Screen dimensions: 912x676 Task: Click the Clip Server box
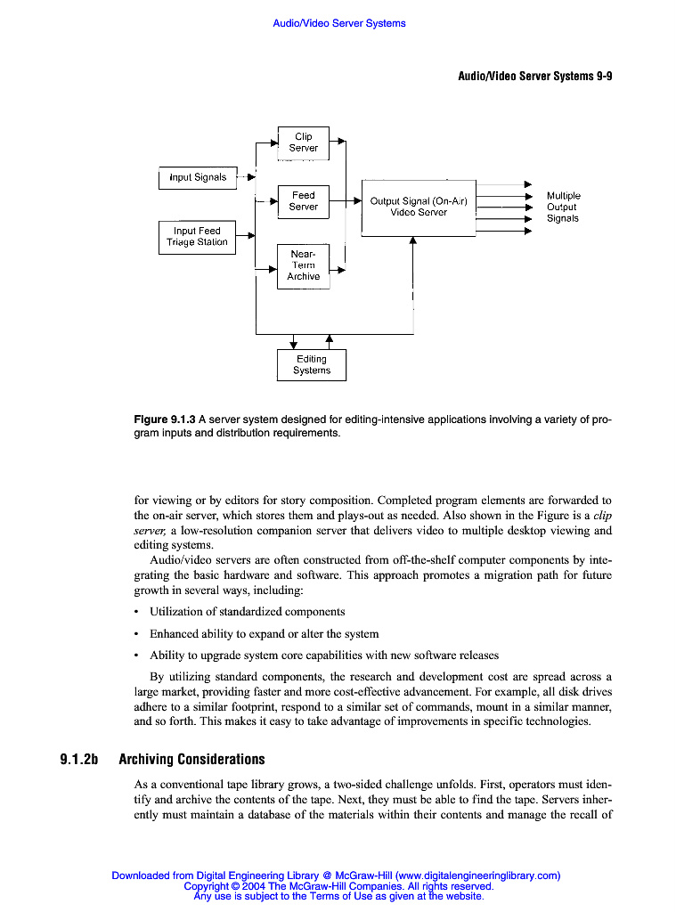click(x=303, y=142)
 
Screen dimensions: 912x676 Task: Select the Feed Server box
click(x=303, y=201)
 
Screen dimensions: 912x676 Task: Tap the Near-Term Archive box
click(x=303, y=265)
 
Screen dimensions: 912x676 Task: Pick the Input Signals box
click(x=198, y=177)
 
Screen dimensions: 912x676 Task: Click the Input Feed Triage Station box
click(x=197, y=237)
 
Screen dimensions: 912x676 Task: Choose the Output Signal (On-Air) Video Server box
click(x=419, y=208)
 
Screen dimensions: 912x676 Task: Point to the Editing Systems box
click(x=311, y=365)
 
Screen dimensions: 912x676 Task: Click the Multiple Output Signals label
click(x=563, y=207)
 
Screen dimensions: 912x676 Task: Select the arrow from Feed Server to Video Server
click(x=346, y=201)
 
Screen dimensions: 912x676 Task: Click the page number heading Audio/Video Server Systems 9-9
click(x=534, y=77)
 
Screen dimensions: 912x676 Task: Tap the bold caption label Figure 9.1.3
click(x=164, y=419)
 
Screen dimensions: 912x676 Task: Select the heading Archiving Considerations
click(x=191, y=760)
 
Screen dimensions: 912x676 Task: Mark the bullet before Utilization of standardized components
click(x=135, y=612)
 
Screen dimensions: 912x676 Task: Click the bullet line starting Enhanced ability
click(x=264, y=634)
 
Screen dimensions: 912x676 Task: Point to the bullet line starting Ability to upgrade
click(x=323, y=655)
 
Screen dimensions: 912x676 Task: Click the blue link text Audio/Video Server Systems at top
click(x=338, y=23)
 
